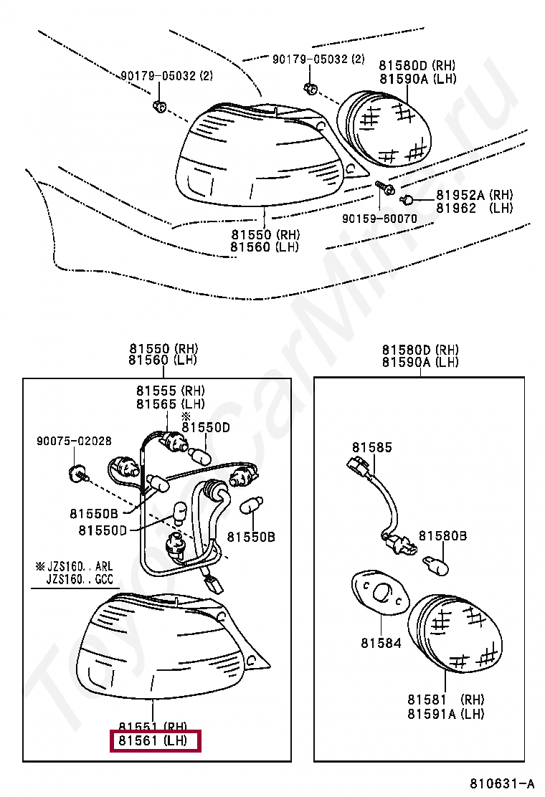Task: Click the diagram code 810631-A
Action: tap(502, 782)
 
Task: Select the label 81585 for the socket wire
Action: tap(372, 448)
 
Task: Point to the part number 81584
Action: tap(381, 643)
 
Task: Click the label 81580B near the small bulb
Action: tap(442, 535)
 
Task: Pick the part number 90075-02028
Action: tap(74, 442)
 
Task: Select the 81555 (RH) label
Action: tap(170, 391)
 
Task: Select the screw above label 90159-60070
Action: tap(384, 188)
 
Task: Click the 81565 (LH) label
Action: tap(170, 404)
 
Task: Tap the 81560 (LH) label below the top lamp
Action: tap(265, 247)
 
